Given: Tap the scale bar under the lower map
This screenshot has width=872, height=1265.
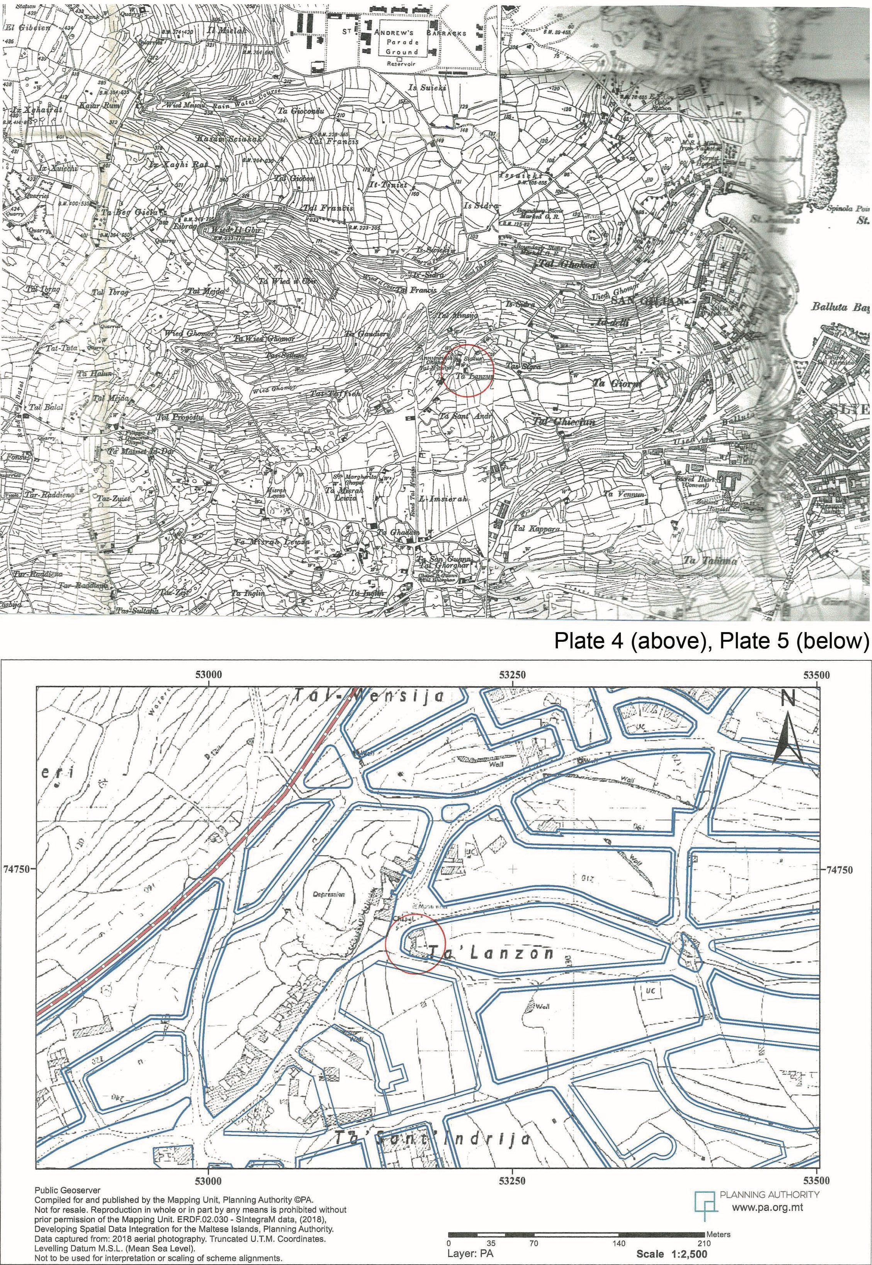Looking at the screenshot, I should (x=576, y=1215).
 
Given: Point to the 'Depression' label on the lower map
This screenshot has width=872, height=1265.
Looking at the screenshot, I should (x=328, y=895).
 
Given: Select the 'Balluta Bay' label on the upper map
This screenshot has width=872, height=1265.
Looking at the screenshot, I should (x=840, y=307).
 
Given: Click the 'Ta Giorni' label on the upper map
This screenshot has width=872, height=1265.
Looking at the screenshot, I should (x=617, y=384).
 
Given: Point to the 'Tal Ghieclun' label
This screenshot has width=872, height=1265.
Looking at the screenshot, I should (x=564, y=422).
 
